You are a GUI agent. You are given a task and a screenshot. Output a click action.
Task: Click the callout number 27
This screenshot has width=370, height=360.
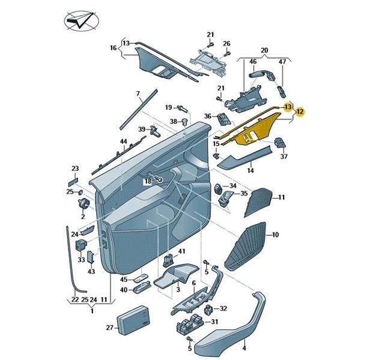110,328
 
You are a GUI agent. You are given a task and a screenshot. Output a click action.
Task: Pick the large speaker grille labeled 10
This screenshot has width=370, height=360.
246,247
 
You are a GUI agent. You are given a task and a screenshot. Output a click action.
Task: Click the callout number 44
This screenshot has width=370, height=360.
123,142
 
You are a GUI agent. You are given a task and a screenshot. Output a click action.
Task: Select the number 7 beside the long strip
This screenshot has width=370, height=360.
138,94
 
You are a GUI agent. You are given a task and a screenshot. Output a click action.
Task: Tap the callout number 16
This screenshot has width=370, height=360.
112,47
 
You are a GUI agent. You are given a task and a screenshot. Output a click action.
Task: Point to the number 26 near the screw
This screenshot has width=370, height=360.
226,44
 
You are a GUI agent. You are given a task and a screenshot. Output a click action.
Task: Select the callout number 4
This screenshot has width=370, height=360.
244,347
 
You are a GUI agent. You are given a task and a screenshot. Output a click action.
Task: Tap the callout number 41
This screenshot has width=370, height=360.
182,250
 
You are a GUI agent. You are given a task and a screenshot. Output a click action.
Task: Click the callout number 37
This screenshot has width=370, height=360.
284,157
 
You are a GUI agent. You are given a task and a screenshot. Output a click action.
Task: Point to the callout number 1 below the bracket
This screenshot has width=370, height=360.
92,311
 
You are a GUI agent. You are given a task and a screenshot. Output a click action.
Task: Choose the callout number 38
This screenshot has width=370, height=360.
173,122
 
